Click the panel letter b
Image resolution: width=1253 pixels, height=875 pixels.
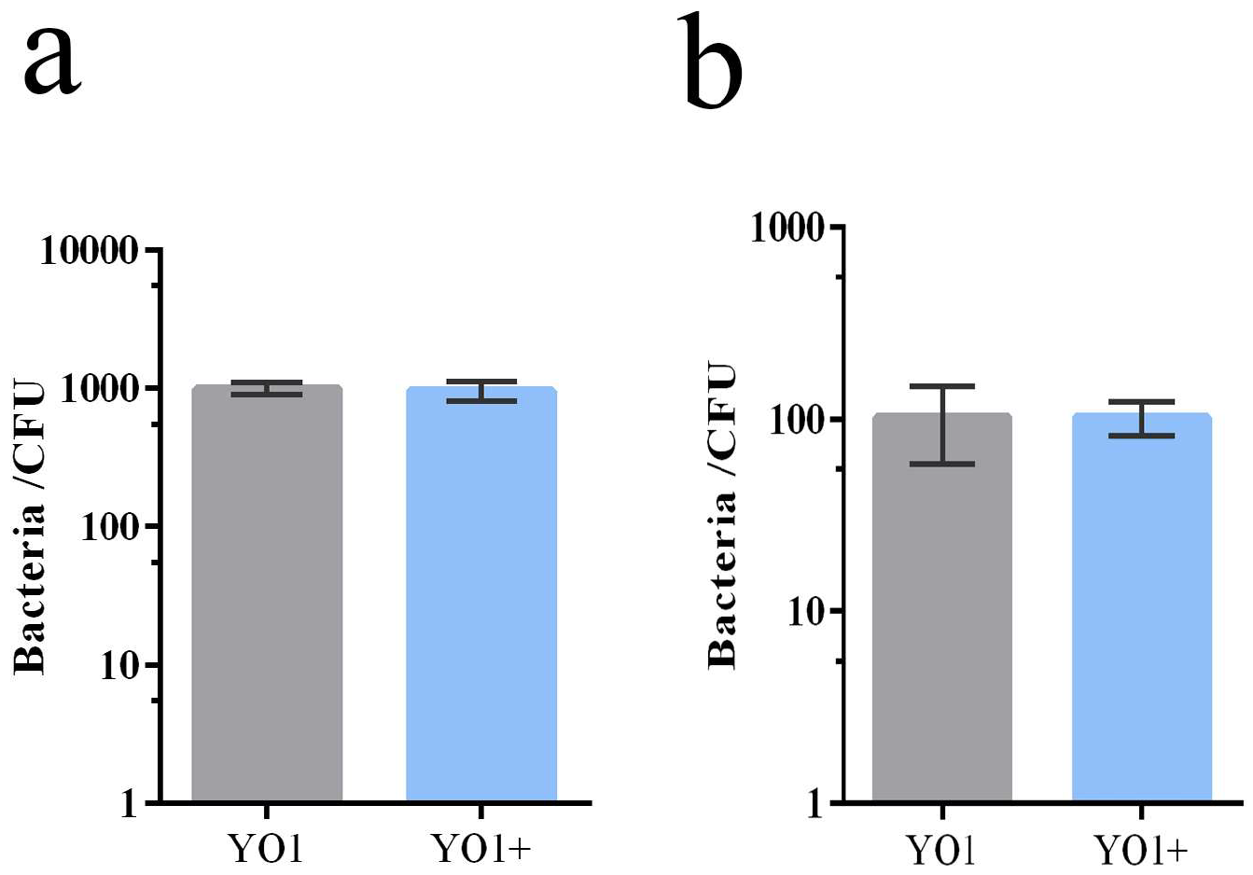click(714, 62)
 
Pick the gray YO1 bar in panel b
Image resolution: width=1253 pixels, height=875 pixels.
click(942, 606)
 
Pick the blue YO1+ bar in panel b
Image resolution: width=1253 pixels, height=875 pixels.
click(1142, 606)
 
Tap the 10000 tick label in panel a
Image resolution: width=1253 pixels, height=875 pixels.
click(90, 251)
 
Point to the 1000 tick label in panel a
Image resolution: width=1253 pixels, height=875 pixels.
click(99, 389)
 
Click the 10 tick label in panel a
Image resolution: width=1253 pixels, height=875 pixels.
click(119, 666)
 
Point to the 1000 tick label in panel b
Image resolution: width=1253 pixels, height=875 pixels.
click(788, 228)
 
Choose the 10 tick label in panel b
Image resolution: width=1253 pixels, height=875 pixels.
click(808, 612)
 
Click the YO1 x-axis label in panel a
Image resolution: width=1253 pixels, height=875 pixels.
click(267, 849)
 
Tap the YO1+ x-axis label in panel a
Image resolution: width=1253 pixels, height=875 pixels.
click(481, 849)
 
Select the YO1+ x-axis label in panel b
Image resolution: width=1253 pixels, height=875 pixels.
click(1142, 849)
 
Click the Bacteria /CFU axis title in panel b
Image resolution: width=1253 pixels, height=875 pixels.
click(723, 516)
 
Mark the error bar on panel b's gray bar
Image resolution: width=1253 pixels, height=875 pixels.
click(942, 424)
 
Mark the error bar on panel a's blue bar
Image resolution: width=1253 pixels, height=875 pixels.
click(481, 391)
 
